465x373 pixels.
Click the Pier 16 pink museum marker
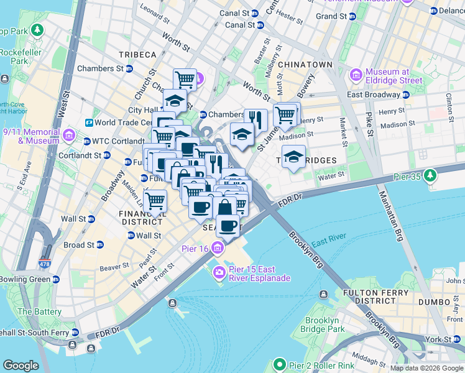click(x=218, y=249)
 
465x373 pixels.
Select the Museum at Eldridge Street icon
click(x=357, y=75)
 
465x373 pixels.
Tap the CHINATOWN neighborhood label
click(x=305, y=65)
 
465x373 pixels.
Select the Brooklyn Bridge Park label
click(x=321, y=325)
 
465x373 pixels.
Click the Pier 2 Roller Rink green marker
click(x=280, y=365)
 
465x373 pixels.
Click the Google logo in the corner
click(x=20, y=366)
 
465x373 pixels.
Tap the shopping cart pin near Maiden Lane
click(x=155, y=201)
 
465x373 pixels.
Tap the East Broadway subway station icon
click(x=405, y=94)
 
